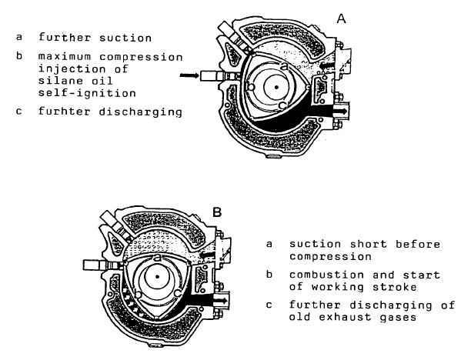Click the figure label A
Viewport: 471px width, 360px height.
pos(341,19)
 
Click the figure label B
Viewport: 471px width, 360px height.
pos(217,212)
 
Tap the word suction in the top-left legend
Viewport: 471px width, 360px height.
pos(125,38)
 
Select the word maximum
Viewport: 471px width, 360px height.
pos(65,57)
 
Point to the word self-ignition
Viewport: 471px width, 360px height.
pos(87,93)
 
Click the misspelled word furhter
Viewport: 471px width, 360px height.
pos(65,112)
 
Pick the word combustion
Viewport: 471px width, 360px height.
pos(327,275)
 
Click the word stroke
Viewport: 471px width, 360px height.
pos(395,287)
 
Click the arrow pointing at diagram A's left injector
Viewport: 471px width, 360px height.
pos(189,75)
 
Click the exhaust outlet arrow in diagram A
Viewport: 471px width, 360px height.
pos(339,111)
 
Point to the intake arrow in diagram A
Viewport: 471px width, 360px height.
pos(326,65)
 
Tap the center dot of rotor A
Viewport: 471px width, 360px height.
pos(276,87)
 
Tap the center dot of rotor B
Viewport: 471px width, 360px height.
pos(157,276)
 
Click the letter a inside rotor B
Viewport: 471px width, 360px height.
pos(157,257)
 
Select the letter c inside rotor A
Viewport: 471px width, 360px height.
pos(282,105)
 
